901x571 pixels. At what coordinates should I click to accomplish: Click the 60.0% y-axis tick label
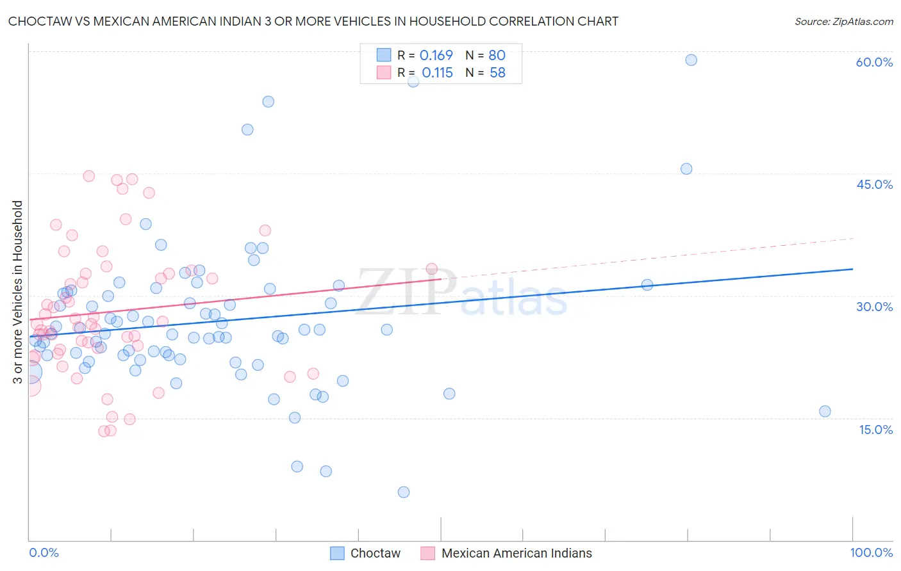[x=874, y=62]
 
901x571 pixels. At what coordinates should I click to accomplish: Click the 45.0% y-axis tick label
[x=874, y=184]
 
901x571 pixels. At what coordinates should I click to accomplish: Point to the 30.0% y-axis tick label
[x=874, y=307]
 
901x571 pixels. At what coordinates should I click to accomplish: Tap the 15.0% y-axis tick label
[x=875, y=430]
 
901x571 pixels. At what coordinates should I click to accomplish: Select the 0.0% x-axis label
[x=44, y=552]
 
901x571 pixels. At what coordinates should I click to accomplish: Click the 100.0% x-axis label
[x=871, y=552]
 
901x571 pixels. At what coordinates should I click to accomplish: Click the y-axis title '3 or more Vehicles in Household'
[x=18, y=292]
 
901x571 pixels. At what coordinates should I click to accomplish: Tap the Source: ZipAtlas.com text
[x=843, y=22]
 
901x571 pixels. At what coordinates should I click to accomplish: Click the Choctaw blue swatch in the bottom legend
[x=337, y=553]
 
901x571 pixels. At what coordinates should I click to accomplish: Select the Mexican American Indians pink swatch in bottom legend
[x=427, y=553]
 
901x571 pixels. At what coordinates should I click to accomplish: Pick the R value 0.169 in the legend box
[x=436, y=56]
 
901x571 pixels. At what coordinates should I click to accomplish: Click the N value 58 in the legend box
[x=497, y=73]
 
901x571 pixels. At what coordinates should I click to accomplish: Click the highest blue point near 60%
[x=691, y=60]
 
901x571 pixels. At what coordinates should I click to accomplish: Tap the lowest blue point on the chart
[x=403, y=492]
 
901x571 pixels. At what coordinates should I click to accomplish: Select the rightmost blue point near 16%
[x=825, y=412]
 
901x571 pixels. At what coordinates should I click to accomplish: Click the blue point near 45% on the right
[x=686, y=169]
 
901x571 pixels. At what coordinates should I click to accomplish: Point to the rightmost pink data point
[x=431, y=269]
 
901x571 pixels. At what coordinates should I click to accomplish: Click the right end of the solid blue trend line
[x=852, y=269]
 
